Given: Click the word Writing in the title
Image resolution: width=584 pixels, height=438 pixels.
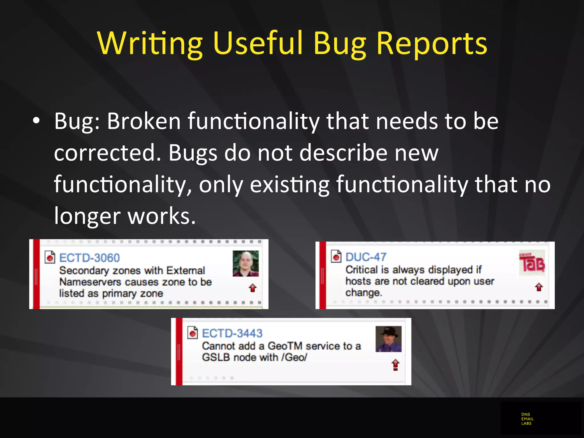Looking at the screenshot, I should click(x=150, y=43).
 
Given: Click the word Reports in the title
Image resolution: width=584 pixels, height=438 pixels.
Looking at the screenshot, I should click(x=432, y=43).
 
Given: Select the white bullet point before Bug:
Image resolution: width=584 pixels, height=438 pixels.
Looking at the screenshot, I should click(x=36, y=121).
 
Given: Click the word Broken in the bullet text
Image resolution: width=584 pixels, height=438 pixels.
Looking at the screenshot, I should click(x=144, y=121).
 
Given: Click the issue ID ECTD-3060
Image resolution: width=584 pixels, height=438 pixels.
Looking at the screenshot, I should click(x=89, y=258).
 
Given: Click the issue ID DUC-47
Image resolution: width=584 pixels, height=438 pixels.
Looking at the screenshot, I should click(x=366, y=257).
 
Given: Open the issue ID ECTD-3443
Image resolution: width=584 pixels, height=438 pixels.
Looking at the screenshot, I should click(x=232, y=333).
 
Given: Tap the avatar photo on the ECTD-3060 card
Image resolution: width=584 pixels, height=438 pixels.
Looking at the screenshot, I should click(x=246, y=263).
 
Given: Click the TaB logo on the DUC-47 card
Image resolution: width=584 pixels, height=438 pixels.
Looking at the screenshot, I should click(x=532, y=263).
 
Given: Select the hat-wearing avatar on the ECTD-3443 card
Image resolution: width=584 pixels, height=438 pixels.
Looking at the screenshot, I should click(x=388, y=339).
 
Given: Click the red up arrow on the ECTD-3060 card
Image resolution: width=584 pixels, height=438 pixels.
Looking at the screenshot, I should click(x=253, y=288).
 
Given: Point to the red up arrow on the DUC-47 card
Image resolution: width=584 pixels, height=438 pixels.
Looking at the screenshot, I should click(x=539, y=287).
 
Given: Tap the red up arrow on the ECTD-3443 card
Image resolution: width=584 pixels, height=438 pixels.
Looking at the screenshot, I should click(x=395, y=364).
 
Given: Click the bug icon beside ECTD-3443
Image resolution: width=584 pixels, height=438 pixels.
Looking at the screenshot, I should click(x=192, y=332).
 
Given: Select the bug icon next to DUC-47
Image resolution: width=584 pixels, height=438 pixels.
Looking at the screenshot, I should click(x=336, y=256).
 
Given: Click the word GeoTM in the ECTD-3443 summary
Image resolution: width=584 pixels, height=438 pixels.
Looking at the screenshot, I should click(x=285, y=346).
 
